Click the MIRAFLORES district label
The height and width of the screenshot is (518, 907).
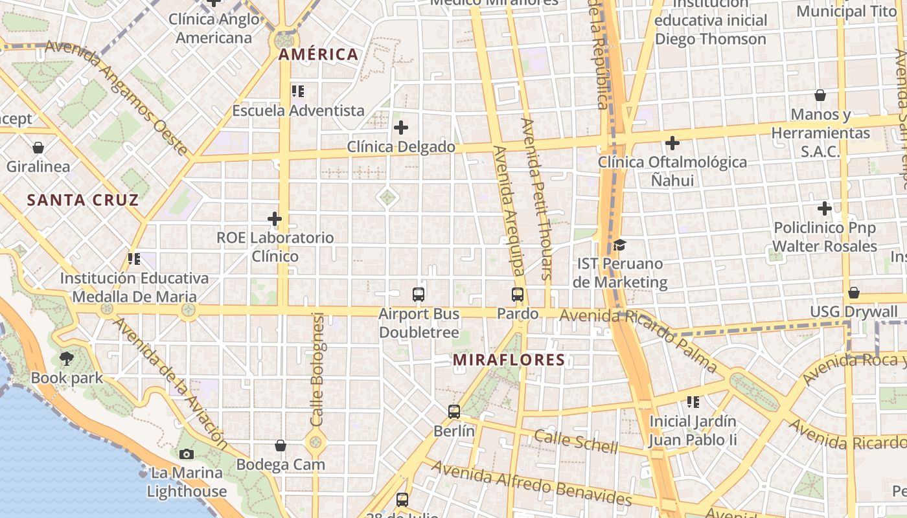(509, 360)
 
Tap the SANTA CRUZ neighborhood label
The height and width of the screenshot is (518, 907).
(83, 200)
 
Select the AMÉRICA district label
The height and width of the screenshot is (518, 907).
(318, 55)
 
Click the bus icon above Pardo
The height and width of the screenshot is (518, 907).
(518, 295)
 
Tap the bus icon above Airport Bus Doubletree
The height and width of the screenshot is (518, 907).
(419, 295)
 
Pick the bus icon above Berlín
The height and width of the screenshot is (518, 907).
(454, 411)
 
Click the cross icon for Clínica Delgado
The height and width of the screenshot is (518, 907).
(401, 128)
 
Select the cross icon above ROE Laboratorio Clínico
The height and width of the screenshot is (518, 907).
(275, 219)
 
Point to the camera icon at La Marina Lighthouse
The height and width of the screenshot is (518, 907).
(187, 454)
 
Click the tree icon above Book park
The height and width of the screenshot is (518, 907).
(67, 358)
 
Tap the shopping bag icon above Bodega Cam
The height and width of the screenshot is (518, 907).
(281, 445)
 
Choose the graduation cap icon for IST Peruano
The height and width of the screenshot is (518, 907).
(619, 245)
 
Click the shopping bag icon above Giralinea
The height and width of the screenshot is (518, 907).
(38, 148)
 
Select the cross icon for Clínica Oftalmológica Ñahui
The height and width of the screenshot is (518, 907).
(672, 142)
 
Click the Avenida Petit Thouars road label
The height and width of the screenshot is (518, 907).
(537, 198)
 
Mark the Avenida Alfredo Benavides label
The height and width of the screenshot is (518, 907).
(531, 483)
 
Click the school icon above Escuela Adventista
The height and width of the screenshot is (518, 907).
(298, 91)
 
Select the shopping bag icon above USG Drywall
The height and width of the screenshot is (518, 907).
(854, 293)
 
